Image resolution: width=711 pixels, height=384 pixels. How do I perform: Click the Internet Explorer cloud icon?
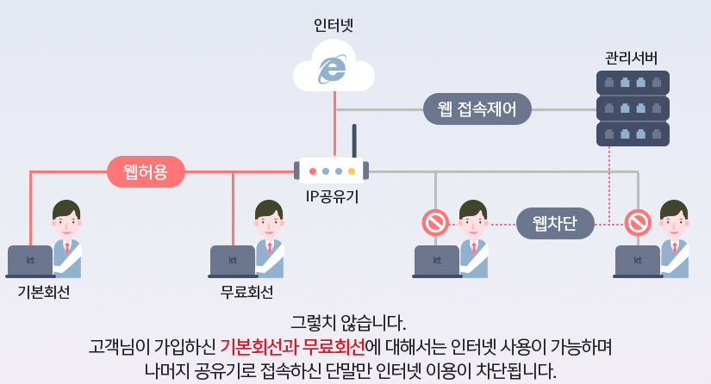(334, 68)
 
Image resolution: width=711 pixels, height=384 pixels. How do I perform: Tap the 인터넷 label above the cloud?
(334, 25)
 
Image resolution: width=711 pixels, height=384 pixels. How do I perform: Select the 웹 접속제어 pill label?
(477, 110)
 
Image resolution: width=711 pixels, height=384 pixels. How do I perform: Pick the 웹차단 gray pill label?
(557, 224)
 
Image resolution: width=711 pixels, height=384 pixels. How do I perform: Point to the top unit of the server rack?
(633, 84)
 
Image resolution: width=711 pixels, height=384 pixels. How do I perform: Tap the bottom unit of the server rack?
(633, 134)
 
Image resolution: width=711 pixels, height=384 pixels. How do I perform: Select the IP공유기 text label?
(333, 196)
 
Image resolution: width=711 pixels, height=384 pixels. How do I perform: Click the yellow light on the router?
(352, 171)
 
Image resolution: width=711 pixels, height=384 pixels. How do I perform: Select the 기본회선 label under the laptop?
(43, 293)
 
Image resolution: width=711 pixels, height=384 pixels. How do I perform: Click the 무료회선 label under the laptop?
(246, 293)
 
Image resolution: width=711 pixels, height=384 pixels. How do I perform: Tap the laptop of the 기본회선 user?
(30, 261)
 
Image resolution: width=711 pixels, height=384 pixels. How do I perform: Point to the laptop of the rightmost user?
(638, 261)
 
